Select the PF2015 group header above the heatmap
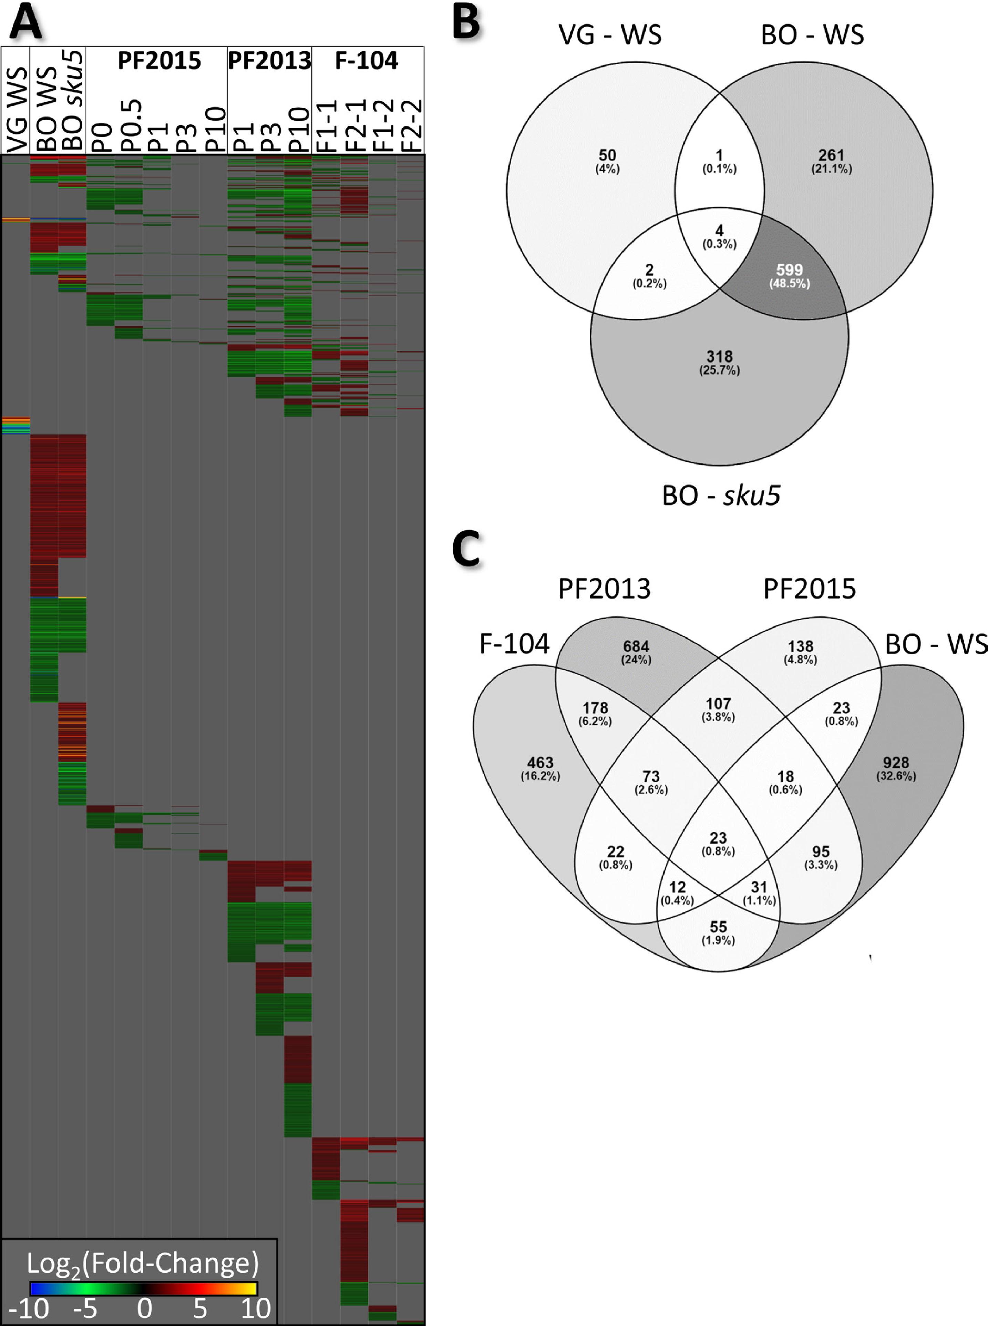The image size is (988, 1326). tap(159, 60)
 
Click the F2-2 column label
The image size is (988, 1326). tap(411, 125)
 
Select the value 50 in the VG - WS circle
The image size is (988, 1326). tap(607, 155)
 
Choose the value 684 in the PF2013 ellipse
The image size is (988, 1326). tap(636, 646)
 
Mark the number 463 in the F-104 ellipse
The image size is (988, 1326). tap(540, 763)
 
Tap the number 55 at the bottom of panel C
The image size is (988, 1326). tap(718, 927)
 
